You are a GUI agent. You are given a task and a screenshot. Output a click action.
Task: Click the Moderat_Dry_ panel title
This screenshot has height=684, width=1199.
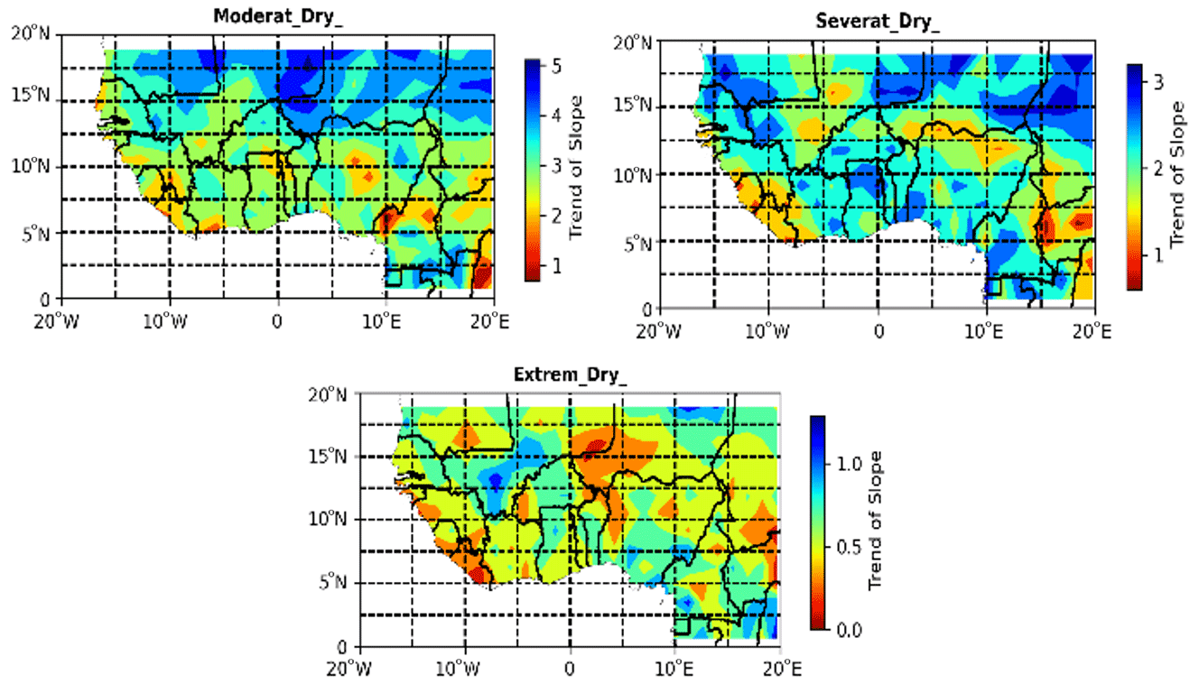click(x=278, y=15)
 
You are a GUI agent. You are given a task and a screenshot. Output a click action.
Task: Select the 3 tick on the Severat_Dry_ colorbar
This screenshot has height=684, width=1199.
click(x=1157, y=82)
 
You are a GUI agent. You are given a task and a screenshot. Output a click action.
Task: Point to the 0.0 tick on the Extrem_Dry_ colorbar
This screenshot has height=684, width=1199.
click(x=850, y=628)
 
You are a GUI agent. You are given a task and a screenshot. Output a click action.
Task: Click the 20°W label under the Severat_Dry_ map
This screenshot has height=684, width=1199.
click(x=658, y=331)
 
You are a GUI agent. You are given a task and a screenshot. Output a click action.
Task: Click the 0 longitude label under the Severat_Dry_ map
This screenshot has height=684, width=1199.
click(x=878, y=331)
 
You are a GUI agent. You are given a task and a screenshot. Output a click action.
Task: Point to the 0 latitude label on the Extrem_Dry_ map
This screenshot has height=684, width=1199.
click(x=341, y=647)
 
